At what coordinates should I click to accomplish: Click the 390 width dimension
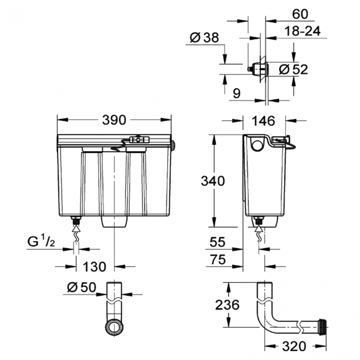(x=114, y=120)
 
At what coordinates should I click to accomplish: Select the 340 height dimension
(x=213, y=181)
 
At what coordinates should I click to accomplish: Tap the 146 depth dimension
(x=263, y=121)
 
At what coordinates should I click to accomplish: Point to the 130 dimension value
(x=94, y=267)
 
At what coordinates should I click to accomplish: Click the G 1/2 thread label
(x=42, y=242)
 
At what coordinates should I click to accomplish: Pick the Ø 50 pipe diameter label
(x=81, y=287)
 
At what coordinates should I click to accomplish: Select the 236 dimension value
(x=227, y=305)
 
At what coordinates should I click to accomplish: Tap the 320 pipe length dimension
(x=294, y=346)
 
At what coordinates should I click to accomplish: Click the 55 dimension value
(x=218, y=242)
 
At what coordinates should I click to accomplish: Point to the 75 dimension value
(x=218, y=260)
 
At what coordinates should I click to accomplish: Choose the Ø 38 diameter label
(x=204, y=38)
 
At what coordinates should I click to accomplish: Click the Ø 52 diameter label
(x=293, y=69)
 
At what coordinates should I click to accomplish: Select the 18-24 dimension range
(x=302, y=31)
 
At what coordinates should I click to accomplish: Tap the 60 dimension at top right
(x=300, y=14)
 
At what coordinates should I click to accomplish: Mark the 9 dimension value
(x=236, y=94)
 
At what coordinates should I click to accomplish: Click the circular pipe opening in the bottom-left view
(x=114, y=327)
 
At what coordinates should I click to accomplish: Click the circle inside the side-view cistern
(x=257, y=145)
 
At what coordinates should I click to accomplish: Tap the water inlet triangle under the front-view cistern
(x=76, y=228)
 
